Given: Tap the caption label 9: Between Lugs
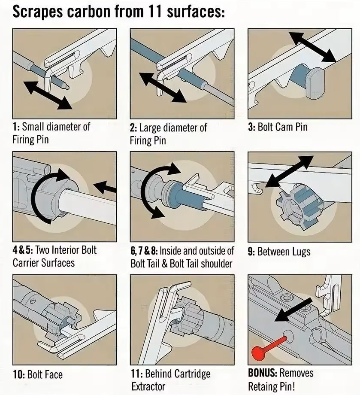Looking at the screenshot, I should [279, 252].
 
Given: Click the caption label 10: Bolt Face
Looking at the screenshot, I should [38, 374].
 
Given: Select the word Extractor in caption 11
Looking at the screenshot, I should [148, 386].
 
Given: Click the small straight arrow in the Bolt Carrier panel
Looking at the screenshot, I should [105, 186].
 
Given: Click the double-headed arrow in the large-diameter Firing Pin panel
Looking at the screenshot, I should [163, 88].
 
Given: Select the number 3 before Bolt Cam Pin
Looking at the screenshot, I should [251, 127].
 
